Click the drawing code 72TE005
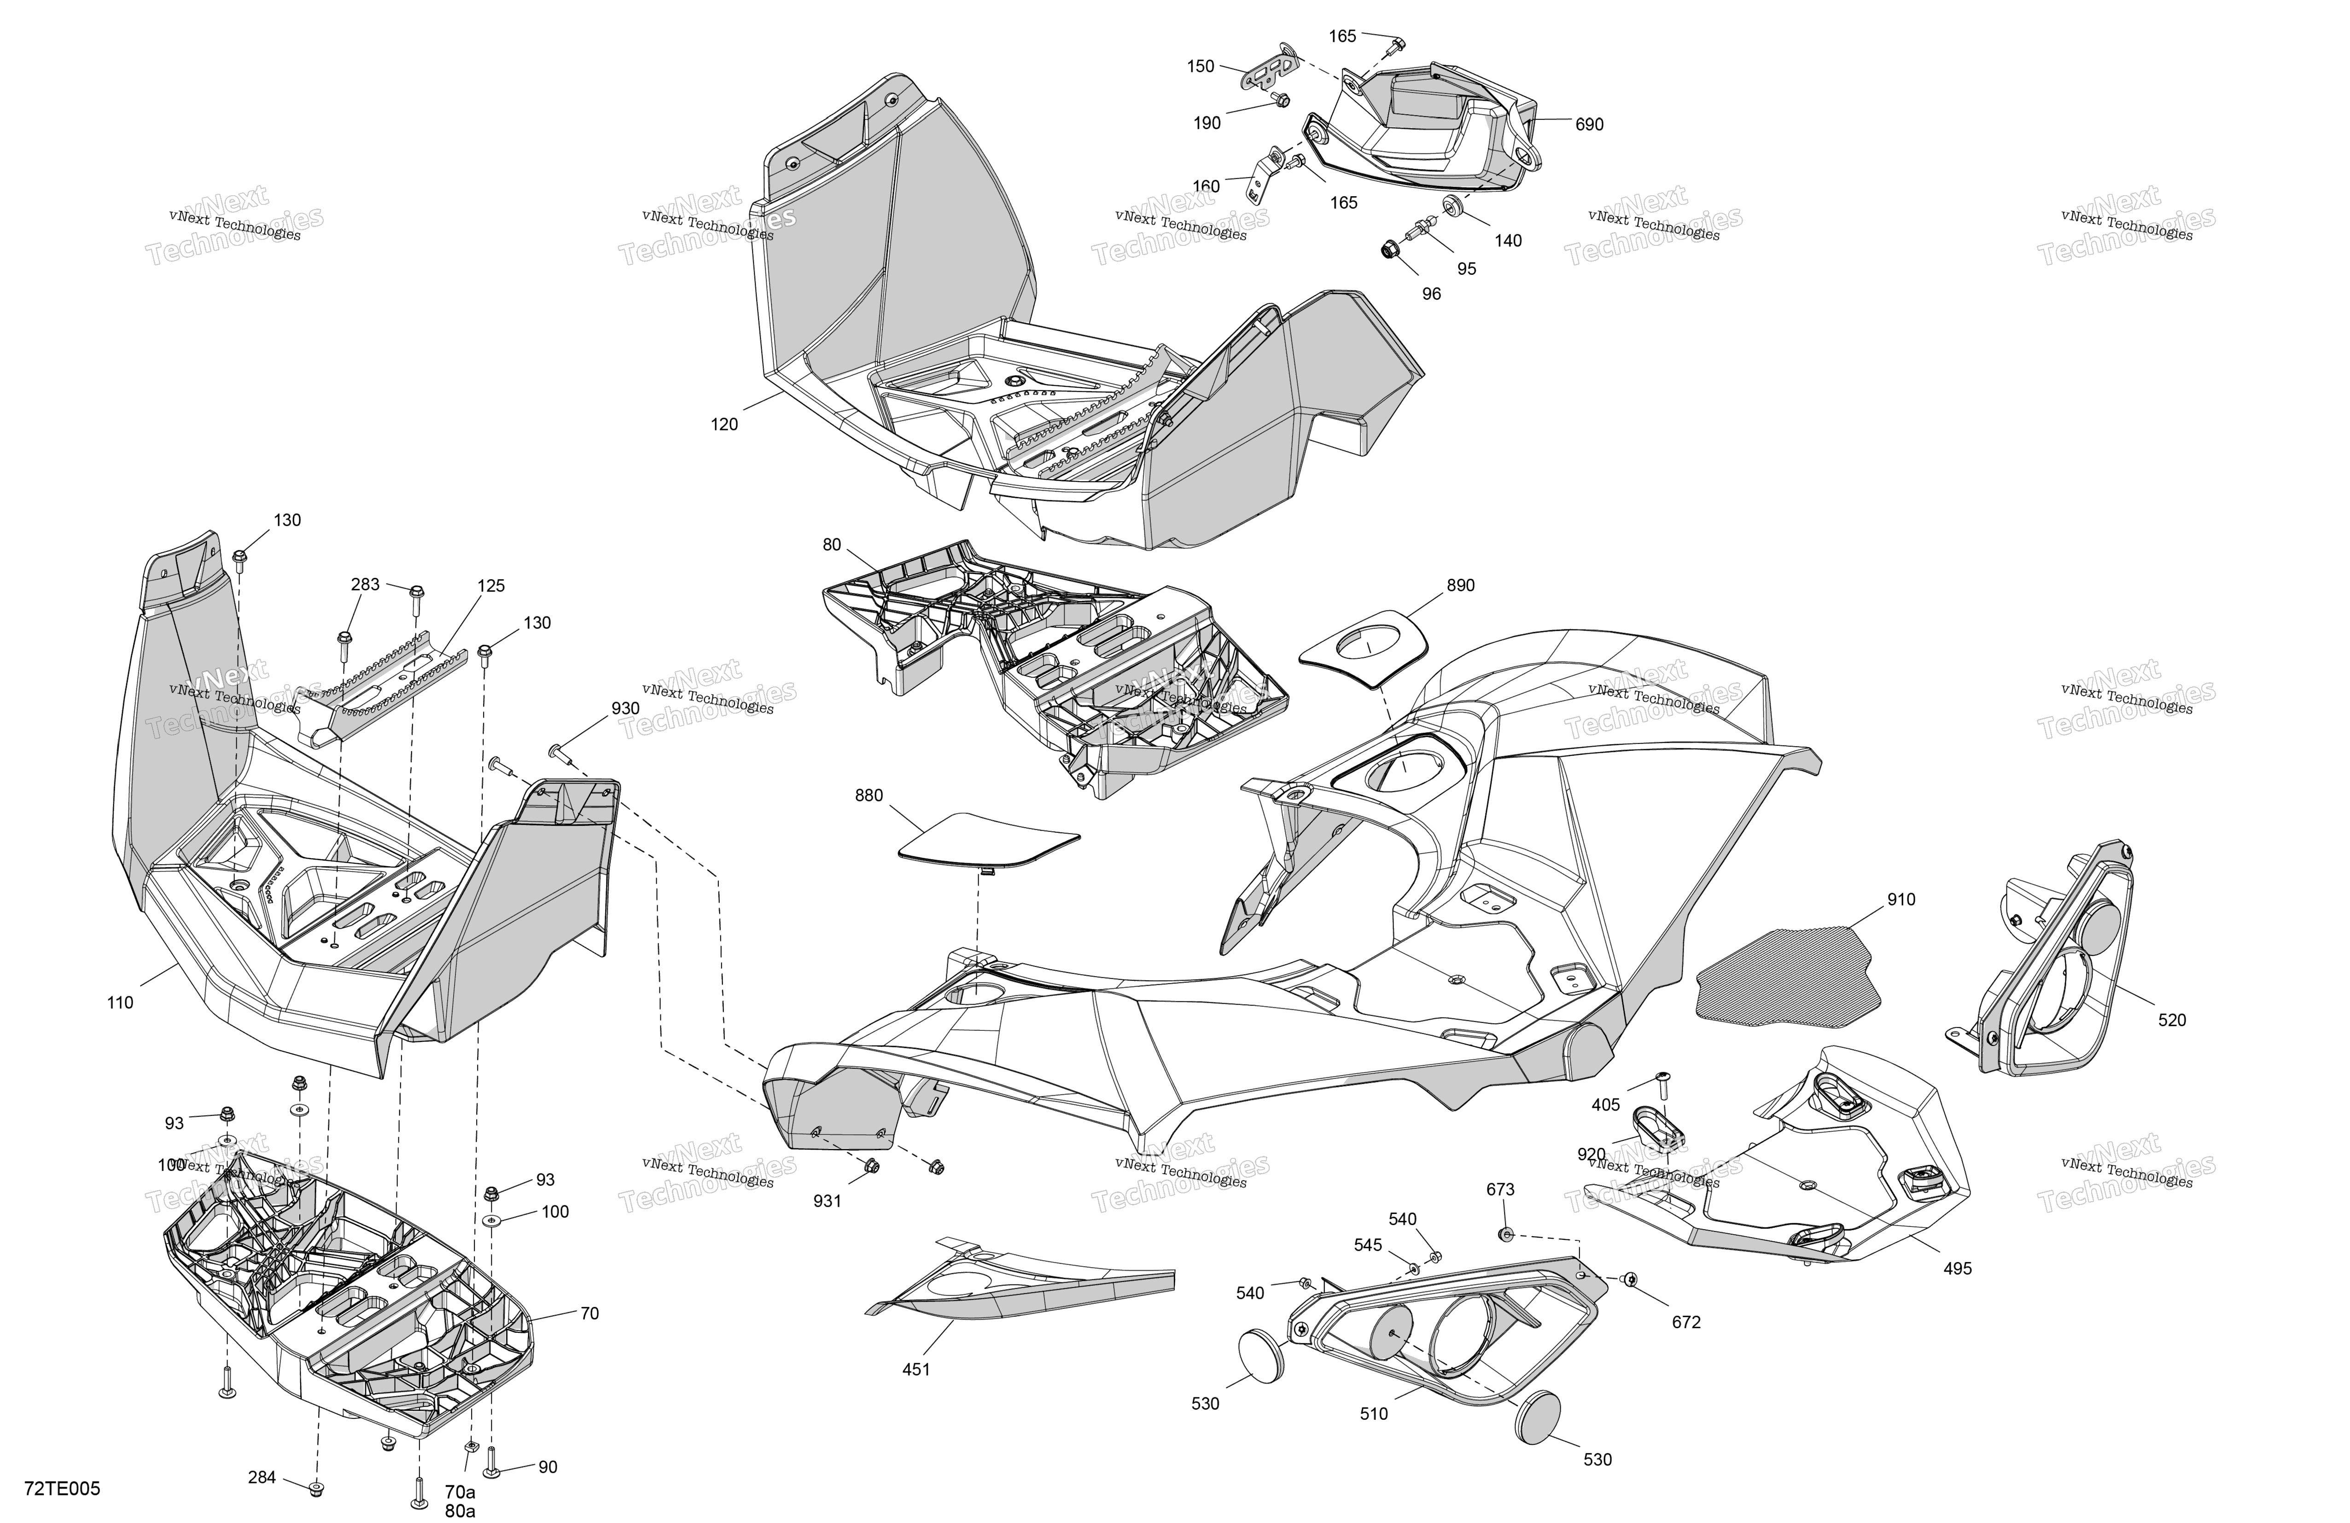click(62, 1488)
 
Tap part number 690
click(1589, 124)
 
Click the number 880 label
click(869, 796)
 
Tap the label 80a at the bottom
click(460, 1510)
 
